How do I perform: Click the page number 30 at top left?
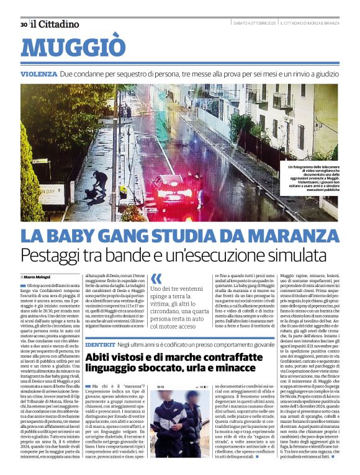(x=24, y=24)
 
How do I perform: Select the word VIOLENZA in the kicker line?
(x=38, y=74)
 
